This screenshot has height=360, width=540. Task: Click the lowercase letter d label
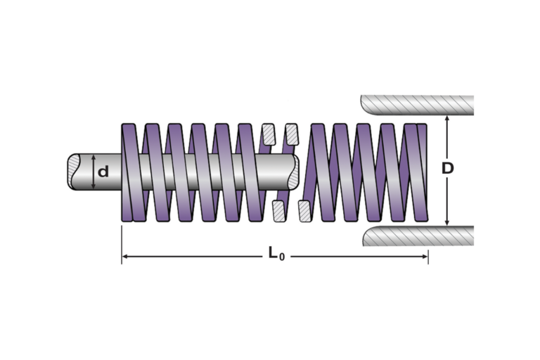(103, 172)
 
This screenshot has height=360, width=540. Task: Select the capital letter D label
(447, 168)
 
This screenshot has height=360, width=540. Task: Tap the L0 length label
(276, 254)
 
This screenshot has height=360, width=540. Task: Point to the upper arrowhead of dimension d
(93, 157)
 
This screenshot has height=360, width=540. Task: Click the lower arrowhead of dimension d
(93, 186)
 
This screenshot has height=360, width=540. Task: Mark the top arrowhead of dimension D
(447, 118)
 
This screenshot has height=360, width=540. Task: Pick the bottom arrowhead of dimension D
(447, 223)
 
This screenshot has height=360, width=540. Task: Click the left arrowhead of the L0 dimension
(125, 257)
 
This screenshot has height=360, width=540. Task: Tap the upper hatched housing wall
(417, 105)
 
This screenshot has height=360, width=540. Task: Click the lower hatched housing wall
(418, 236)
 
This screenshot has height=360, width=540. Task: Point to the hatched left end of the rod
(74, 172)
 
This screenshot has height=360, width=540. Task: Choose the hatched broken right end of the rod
(293, 172)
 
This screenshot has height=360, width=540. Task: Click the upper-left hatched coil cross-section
(269, 134)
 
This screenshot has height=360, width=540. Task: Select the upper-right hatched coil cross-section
(292, 134)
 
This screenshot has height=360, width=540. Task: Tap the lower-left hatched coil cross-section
(278, 211)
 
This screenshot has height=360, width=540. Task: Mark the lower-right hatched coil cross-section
(304, 211)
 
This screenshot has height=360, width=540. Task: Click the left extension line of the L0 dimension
(122, 245)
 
